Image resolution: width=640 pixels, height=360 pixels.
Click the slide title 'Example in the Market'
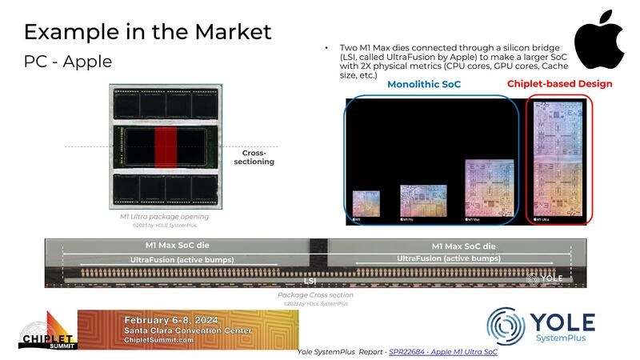(x=147, y=32)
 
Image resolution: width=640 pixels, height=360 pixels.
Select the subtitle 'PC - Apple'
(x=67, y=62)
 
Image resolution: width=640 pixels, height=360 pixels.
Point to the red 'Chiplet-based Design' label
(x=559, y=84)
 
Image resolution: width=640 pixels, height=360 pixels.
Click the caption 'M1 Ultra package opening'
(x=159, y=216)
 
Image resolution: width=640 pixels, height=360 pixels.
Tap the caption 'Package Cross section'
(x=315, y=295)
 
